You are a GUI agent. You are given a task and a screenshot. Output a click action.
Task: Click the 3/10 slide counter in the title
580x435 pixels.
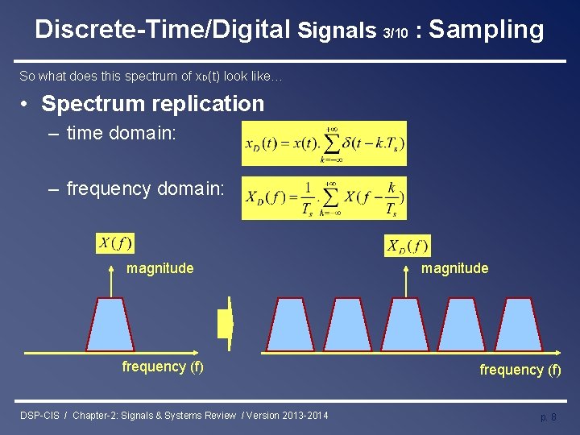tap(395, 32)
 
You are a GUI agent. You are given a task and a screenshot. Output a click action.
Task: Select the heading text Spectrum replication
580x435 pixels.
tap(152, 104)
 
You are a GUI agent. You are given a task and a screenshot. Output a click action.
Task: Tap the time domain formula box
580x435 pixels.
tap(324, 143)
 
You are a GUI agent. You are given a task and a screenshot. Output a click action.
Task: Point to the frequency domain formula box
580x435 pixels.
tap(324, 198)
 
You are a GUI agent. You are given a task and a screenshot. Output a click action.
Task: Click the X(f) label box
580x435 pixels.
tap(115, 242)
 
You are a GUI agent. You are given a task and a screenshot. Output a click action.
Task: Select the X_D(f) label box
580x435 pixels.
tap(408, 246)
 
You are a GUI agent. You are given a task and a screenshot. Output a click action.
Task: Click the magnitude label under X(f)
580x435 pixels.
tap(159, 268)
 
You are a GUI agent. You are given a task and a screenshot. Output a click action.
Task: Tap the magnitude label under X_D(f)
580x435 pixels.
tap(454, 268)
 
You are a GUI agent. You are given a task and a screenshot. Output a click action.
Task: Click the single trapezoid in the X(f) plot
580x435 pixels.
tap(110, 325)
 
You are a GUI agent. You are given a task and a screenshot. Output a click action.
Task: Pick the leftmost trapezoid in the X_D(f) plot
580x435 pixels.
tap(290, 325)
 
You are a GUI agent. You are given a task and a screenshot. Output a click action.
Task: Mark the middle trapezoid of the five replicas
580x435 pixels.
tap(405, 325)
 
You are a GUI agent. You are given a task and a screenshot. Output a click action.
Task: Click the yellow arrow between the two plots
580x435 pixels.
tap(226, 324)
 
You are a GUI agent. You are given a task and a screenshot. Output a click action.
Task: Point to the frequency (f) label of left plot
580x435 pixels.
tap(163, 367)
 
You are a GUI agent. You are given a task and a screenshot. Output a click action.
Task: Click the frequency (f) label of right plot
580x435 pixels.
tap(520, 370)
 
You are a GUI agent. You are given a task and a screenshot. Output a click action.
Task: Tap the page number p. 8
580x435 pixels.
tap(548, 417)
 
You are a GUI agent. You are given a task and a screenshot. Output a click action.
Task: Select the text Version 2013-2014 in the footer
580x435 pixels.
tap(287, 416)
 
